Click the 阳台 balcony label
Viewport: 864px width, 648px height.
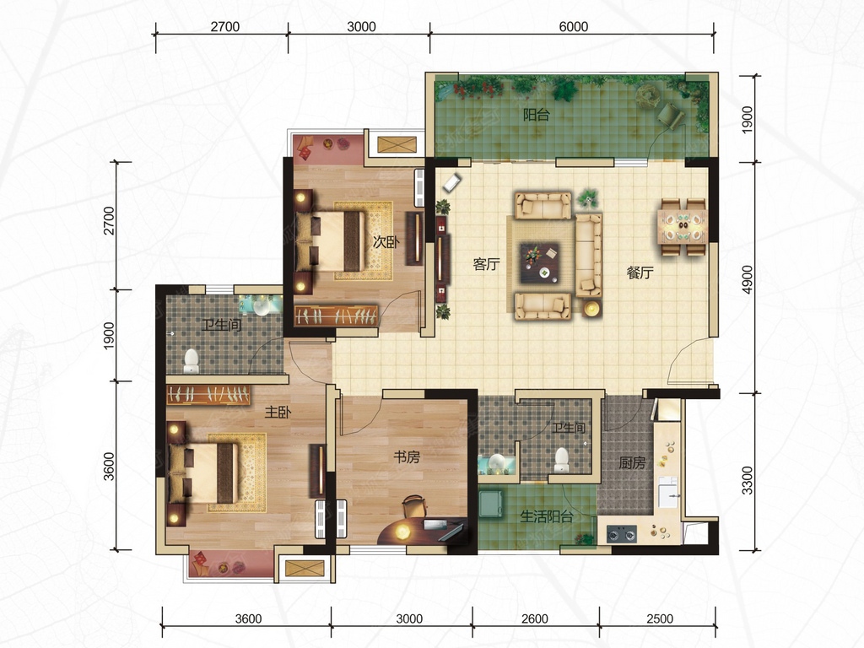536,115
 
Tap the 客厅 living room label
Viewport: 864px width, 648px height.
487,264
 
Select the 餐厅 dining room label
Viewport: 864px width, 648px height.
640,273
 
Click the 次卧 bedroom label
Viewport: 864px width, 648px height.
386,241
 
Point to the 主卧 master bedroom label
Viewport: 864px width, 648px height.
278,412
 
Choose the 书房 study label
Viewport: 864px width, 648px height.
407,456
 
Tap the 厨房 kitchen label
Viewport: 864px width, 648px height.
631,463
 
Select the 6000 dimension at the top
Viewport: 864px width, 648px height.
573,26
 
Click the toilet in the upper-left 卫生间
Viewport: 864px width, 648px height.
192,360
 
